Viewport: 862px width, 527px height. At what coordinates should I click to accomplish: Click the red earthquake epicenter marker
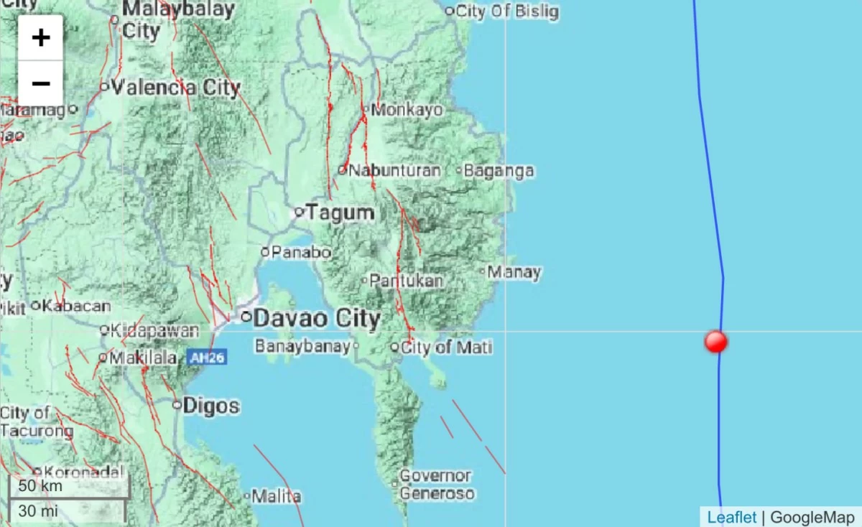coord(715,342)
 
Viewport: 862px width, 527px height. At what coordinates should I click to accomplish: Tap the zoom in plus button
coord(41,37)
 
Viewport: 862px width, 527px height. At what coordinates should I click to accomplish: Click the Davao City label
coord(316,318)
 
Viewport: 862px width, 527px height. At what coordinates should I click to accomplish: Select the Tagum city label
coord(340,213)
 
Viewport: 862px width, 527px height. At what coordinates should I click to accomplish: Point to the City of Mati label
coord(446,348)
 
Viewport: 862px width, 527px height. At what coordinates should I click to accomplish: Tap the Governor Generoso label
coord(436,485)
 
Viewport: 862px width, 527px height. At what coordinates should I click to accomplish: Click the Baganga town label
coord(499,171)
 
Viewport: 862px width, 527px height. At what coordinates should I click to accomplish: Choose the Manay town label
coord(514,272)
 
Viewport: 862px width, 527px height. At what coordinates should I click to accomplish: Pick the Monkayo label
coord(407,110)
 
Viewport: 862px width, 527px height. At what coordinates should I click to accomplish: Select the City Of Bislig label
coord(506,11)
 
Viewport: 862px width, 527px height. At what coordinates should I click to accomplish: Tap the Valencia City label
coord(175,88)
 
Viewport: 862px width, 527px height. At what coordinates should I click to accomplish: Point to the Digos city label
coord(210,406)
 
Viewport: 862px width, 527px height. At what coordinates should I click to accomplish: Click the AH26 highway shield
coord(207,357)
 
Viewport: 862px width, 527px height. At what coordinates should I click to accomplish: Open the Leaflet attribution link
coord(731,517)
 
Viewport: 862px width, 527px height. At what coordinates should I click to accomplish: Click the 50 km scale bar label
coord(41,485)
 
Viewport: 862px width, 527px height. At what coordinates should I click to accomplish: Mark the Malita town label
coord(277,496)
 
